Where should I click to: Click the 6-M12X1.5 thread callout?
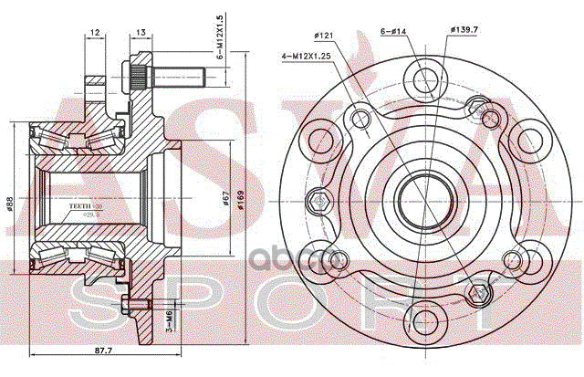220,35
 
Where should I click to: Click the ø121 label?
324,35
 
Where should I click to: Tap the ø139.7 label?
465,31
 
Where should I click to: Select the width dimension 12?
95,35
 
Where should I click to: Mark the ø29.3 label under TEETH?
89,215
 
